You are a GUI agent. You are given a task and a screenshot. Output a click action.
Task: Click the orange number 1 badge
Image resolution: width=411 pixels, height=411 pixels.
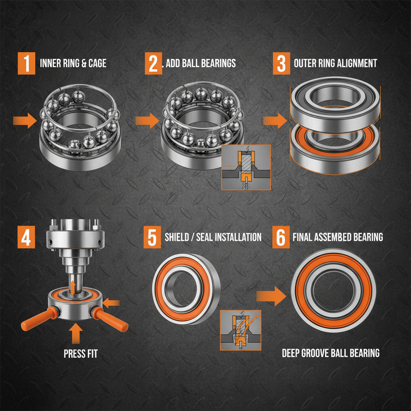(x=26, y=63)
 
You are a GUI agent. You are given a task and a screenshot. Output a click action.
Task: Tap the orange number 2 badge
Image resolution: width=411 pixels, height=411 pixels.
(x=153, y=63)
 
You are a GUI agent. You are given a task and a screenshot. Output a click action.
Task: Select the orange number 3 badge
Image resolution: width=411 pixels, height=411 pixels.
(x=281, y=63)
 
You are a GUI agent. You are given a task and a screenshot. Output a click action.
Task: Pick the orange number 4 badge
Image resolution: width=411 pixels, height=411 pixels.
(x=26, y=237)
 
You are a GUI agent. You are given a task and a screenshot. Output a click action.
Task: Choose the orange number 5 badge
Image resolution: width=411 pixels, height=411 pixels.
(x=152, y=237)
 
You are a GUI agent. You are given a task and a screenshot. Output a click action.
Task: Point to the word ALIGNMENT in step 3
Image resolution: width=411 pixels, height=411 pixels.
(x=356, y=63)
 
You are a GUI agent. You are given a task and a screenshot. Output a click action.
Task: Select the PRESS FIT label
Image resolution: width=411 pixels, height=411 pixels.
(x=80, y=353)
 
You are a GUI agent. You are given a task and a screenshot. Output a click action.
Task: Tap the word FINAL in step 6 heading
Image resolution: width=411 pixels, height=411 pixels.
(x=303, y=237)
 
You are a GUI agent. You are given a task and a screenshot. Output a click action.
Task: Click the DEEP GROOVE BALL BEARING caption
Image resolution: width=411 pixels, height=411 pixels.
(x=330, y=353)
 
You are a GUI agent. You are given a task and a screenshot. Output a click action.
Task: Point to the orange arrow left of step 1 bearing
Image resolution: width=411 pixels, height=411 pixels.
(x=24, y=120)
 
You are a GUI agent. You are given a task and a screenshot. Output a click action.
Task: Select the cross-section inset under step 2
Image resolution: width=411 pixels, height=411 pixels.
(x=246, y=167)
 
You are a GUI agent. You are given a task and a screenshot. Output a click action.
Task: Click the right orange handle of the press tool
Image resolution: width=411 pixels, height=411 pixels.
(x=110, y=319)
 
